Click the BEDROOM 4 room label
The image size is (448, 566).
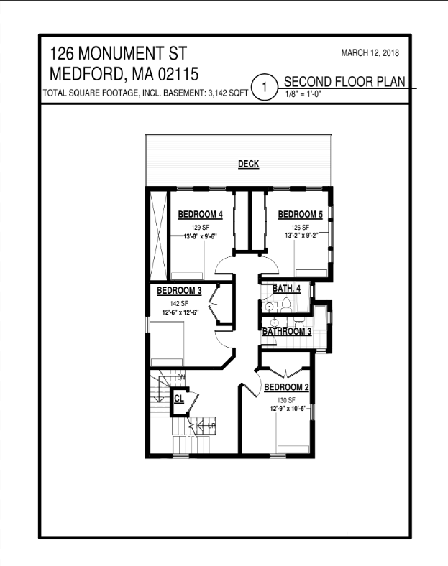point(201,214)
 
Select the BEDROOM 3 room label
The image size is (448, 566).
point(179,290)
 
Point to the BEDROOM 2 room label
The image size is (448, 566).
point(287,388)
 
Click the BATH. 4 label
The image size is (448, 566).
point(291,289)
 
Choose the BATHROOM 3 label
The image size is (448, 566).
point(286,332)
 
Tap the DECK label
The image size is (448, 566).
point(249,164)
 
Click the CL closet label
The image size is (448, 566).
point(180,397)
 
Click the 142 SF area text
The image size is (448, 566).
point(179,304)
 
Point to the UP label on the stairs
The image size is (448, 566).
point(211,426)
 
